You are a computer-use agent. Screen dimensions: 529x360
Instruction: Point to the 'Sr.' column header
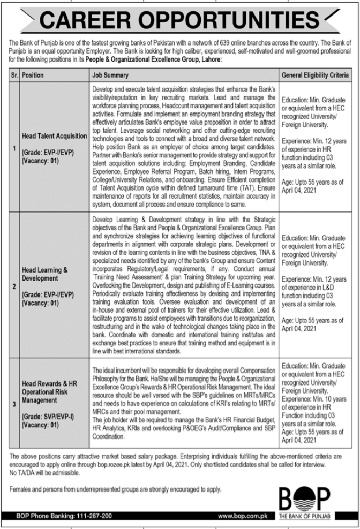(14, 75)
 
